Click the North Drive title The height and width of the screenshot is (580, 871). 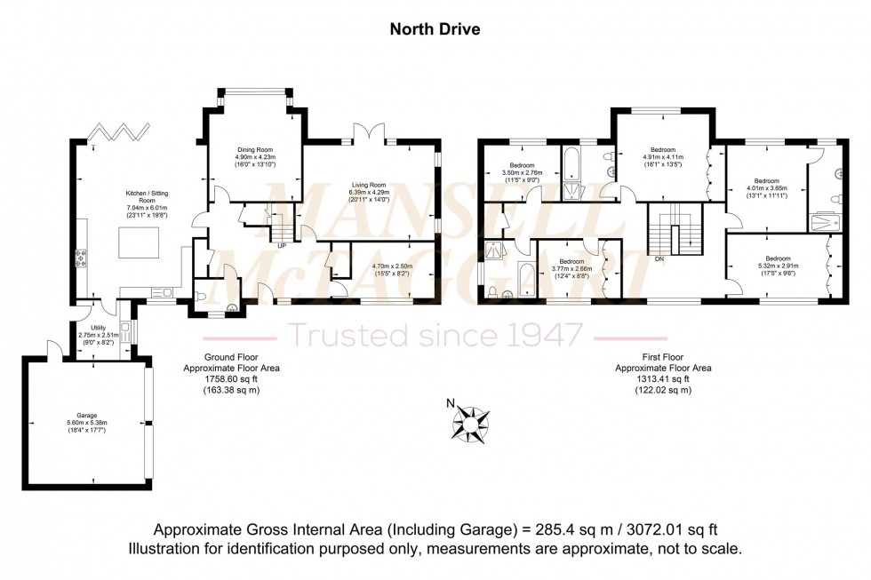tap(435, 29)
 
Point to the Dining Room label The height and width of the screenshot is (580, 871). tap(254, 149)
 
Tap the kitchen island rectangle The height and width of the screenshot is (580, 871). tap(138, 242)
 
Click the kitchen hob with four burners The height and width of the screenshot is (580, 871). tap(82, 258)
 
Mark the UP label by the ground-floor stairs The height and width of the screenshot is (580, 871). tap(282, 245)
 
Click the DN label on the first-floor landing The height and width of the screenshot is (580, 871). tap(659, 260)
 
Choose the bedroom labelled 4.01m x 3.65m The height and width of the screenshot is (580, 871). tap(765, 187)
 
